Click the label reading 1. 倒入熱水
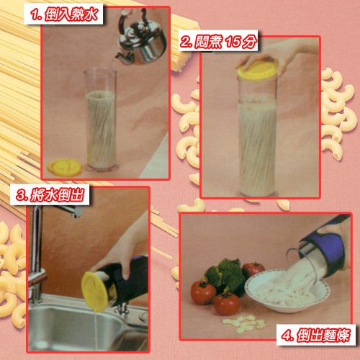(x=63, y=14)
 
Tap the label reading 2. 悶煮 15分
(x=218, y=40)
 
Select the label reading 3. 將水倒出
(x=50, y=194)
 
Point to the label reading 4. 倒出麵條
(x=315, y=335)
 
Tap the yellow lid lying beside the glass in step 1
(x=65, y=167)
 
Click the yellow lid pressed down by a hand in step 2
(x=257, y=71)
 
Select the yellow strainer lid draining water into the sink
(x=95, y=292)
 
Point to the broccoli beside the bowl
(x=225, y=274)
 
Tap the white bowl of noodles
(x=287, y=291)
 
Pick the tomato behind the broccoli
(x=254, y=269)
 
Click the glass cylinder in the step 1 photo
(x=101, y=120)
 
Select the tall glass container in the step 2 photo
(x=257, y=135)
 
